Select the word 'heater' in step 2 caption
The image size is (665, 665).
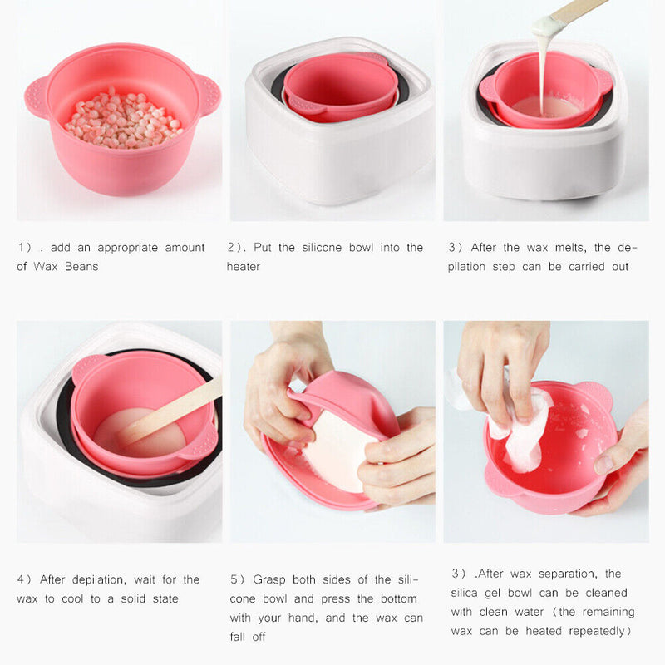point(244,267)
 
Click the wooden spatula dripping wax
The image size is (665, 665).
point(573,14)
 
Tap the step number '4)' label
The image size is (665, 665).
point(24,579)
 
